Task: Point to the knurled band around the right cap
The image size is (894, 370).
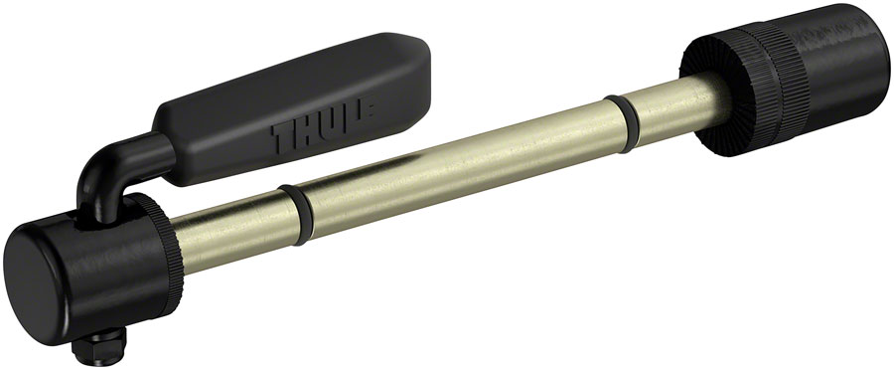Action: pos(750,80)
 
